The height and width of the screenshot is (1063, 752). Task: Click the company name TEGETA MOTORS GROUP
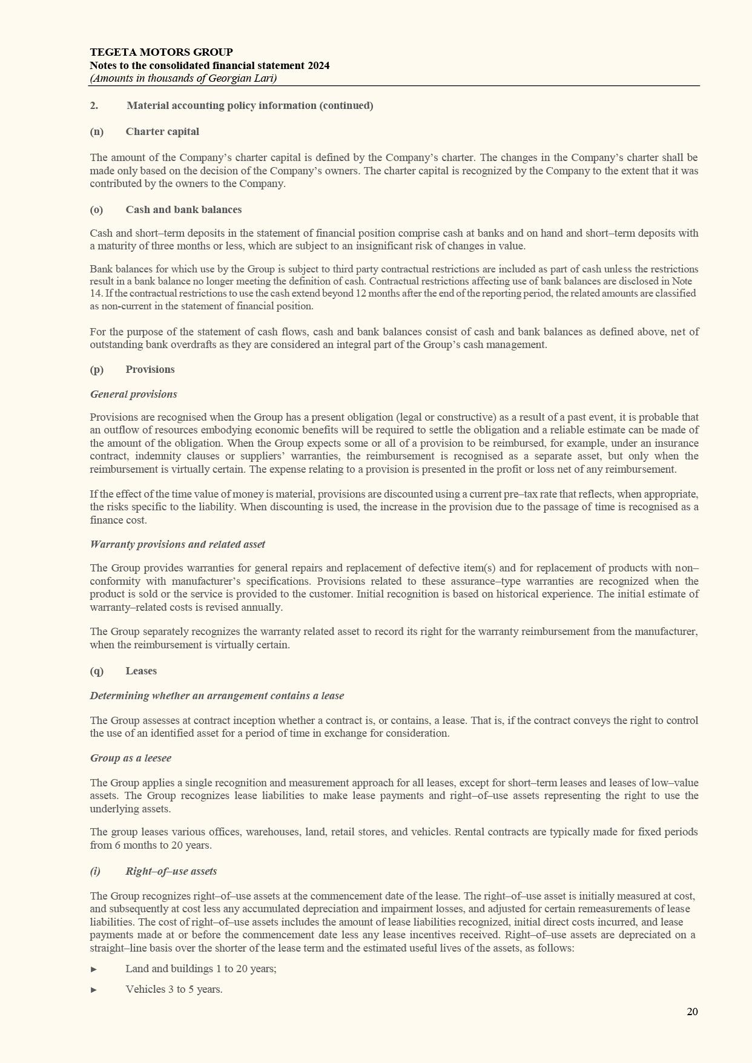tap(161, 52)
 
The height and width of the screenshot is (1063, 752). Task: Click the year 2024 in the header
tap(318, 65)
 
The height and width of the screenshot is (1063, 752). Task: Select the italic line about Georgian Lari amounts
tap(183, 78)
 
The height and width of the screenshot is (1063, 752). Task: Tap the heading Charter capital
tap(162, 131)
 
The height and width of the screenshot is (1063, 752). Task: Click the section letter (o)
tap(96, 209)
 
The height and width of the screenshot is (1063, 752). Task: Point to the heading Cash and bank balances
tap(183, 209)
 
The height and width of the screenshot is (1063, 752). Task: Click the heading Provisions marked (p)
tap(150, 369)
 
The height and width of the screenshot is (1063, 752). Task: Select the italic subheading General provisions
tap(133, 394)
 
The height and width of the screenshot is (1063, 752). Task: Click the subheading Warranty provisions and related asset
tap(177, 544)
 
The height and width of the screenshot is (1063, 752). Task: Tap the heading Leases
tap(141, 671)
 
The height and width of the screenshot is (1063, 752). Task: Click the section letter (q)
tap(96, 671)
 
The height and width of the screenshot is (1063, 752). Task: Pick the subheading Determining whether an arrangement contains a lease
tap(217, 696)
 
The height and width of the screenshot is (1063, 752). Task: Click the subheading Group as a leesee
tap(130, 758)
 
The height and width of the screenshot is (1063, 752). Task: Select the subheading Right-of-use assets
tap(171, 871)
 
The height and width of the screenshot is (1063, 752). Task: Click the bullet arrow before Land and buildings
tap(94, 969)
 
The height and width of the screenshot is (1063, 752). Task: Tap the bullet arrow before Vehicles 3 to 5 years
tap(94, 990)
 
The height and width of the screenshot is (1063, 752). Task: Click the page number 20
tap(692, 1012)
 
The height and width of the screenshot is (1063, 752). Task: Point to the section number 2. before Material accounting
tap(94, 105)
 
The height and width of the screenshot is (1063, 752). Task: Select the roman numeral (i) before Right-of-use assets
tap(95, 871)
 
